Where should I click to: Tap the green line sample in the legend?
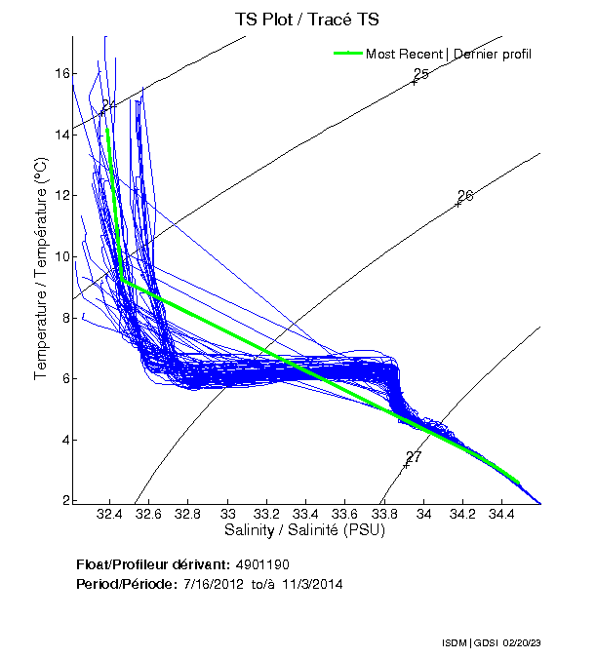(348, 54)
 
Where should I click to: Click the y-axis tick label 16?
(61, 73)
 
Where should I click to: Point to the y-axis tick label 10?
(61, 256)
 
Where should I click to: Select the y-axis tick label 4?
(64, 440)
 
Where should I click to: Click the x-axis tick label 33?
(228, 514)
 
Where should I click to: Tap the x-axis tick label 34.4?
(501, 514)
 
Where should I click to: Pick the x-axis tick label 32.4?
(110, 514)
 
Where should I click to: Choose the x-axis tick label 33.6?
(345, 514)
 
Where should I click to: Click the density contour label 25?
(420, 74)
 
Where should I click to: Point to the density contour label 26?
(464, 196)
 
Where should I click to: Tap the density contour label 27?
(413, 456)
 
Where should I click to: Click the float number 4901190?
(262, 564)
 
